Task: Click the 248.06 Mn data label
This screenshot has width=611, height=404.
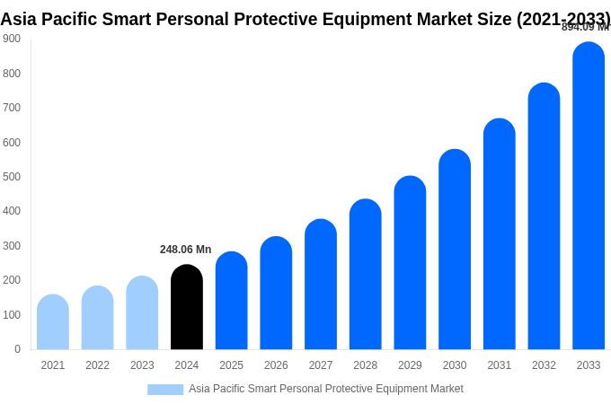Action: [x=185, y=250]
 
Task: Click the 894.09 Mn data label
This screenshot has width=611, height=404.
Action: [x=585, y=27]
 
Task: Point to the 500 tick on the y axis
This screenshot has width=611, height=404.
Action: [x=12, y=177]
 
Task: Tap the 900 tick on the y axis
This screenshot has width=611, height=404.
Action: [x=12, y=39]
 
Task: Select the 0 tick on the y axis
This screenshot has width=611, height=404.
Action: [x=17, y=349]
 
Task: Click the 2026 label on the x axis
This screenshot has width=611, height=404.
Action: [x=276, y=365]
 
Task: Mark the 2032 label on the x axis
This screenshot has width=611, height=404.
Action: [x=544, y=365]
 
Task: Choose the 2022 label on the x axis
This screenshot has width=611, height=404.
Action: [x=97, y=365]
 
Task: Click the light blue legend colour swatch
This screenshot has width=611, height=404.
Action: [x=165, y=390]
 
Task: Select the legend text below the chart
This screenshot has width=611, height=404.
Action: [x=325, y=389]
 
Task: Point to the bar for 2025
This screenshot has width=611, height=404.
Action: [x=231, y=301]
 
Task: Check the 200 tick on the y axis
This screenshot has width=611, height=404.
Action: [x=12, y=280]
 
